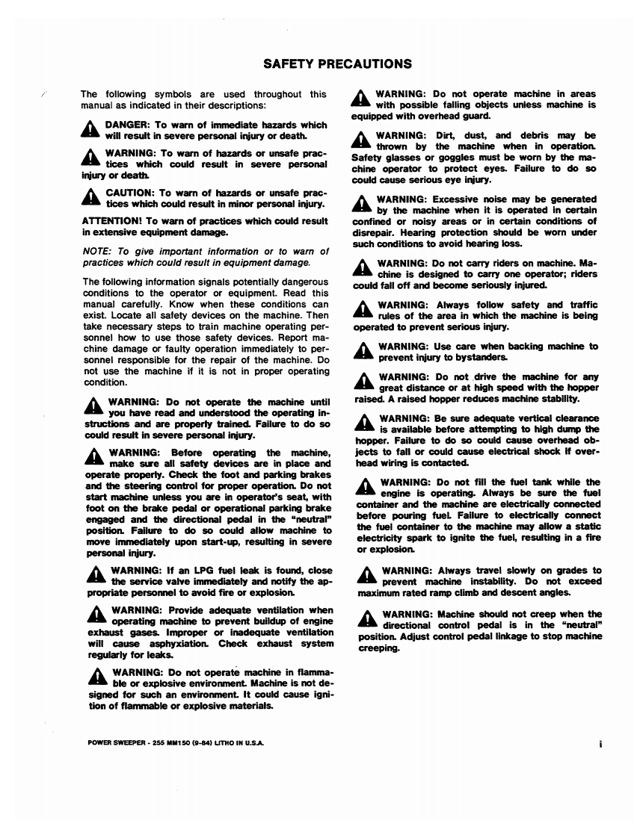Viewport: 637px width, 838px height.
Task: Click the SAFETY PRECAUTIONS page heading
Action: tap(338, 63)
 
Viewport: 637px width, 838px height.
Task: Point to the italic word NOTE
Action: tap(94, 252)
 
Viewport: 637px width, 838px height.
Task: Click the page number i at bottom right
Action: tap(600, 744)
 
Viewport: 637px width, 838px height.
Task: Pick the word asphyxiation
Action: tap(150, 643)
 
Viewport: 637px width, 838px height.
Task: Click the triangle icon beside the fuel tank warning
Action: tap(365, 488)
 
